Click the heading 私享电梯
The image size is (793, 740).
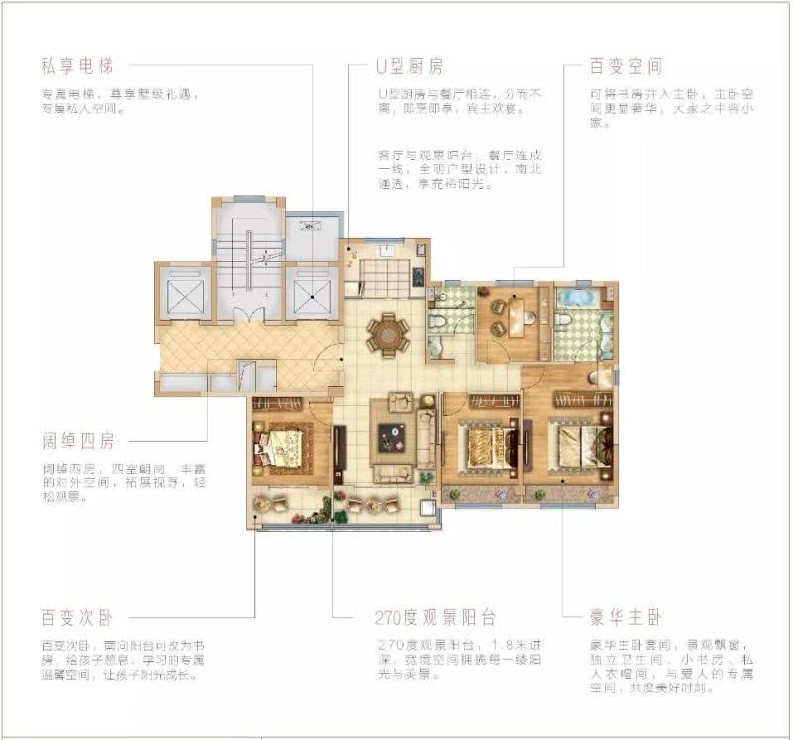pos(78,67)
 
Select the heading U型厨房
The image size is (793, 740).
pos(409,67)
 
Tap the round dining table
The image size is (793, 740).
pos(387,334)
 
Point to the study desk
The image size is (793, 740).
pos(515,315)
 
